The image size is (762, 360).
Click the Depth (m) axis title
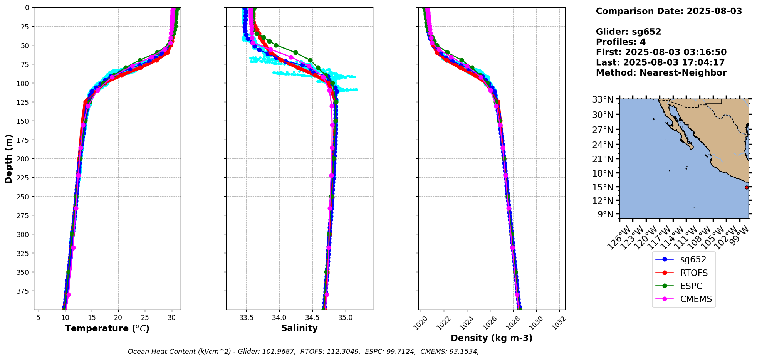tap(9, 158)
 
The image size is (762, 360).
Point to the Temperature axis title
tap(107, 328)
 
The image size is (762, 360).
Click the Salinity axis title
tap(299, 328)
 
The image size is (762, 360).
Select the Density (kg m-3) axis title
tap(492, 338)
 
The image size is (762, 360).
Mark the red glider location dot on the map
tap(747, 187)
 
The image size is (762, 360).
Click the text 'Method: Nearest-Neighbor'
tap(661, 73)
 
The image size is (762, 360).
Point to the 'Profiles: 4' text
tap(621, 42)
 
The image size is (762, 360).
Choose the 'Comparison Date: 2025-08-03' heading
tap(669, 11)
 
